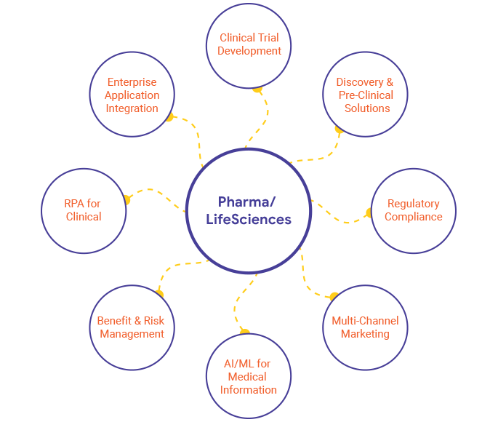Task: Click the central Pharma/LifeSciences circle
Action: click(x=249, y=211)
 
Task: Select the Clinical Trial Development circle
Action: click(x=249, y=44)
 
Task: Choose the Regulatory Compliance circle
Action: click(x=413, y=210)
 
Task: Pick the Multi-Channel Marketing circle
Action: click(x=366, y=327)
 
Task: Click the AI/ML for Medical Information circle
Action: click(x=249, y=376)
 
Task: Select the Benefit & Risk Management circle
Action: click(x=132, y=327)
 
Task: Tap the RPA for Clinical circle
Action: click(x=84, y=210)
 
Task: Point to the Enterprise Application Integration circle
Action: click(x=132, y=95)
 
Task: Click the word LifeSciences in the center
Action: click(x=249, y=219)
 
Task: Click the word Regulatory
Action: click(x=413, y=204)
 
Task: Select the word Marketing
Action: click(x=366, y=334)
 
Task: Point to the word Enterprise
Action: click(x=132, y=82)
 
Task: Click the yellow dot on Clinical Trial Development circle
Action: click(x=257, y=89)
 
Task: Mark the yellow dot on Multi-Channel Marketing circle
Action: click(x=334, y=296)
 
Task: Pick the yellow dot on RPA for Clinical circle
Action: click(x=128, y=199)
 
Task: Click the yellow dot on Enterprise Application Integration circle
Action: click(x=170, y=117)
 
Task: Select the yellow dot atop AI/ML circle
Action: click(x=245, y=333)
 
